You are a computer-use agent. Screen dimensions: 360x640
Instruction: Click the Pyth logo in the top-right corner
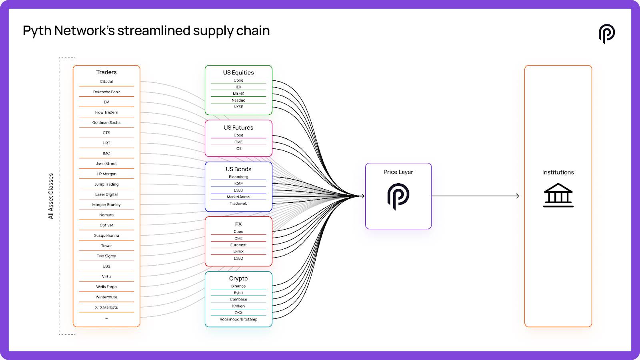(606, 34)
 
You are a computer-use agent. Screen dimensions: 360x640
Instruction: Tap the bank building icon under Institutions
(558, 195)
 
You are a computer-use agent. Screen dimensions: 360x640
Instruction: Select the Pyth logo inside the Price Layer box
(398, 196)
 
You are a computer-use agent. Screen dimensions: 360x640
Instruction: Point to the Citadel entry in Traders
(106, 82)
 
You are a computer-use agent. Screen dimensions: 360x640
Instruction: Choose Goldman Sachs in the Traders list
(106, 123)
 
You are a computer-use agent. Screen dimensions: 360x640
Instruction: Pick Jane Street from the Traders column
(106, 164)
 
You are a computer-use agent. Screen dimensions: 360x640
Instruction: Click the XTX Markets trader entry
(106, 308)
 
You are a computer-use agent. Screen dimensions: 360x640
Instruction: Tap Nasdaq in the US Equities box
(238, 100)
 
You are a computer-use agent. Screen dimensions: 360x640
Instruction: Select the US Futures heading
(238, 128)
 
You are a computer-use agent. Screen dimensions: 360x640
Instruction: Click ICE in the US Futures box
(238, 149)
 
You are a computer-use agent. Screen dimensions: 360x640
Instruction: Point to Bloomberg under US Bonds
(238, 177)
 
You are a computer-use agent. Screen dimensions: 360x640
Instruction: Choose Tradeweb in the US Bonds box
(238, 204)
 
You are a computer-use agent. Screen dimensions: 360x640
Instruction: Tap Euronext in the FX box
(238, 245)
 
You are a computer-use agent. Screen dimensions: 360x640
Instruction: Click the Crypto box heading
(238, 278)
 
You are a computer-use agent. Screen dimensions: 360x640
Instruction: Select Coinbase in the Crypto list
(238, 300)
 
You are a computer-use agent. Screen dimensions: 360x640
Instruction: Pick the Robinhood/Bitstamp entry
(238, 320)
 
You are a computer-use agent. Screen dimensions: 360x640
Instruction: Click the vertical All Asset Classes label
(51, 196)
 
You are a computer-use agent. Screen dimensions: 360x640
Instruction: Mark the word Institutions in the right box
(558, 172)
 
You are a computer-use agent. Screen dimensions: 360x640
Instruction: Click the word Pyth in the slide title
(37, 31)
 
